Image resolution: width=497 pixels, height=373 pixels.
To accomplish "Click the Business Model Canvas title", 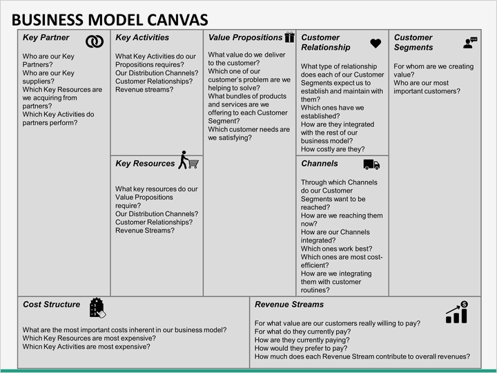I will pyautogui.click(x=111, y=20).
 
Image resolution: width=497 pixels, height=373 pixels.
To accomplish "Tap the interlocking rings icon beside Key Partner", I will pyautogui.click(x=94, y=42).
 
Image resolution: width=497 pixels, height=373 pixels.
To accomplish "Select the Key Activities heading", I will pyautogui.click(x=142, y=38).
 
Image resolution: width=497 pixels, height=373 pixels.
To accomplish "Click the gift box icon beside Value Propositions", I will pyautogui.click(x=290, y=38).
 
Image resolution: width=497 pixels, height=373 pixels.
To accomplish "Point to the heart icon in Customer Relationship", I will pyautogui.click(x=376, y=44).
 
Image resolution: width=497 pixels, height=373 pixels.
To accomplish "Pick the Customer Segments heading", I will pyautogui.click(x=413, y=43).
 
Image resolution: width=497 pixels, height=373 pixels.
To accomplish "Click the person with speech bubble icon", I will pyautogui.click(x=470, y=43).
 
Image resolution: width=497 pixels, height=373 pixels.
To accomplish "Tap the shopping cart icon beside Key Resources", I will pyautogui.click(x=188, y=161).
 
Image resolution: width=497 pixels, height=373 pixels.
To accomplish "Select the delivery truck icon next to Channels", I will pyautogui.click(x=371, y=164).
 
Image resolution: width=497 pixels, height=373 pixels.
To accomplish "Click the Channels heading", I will pyautogui.click(x=320, y=164).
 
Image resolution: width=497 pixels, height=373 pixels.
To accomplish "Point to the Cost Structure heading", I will pyautogui.click(x=52, y=305).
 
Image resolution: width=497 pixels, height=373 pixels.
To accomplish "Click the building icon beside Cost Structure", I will pyautogui.click(x=97, y=307).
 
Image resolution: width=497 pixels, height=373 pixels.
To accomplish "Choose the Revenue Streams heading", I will pyautogui.click(x=289, y=305).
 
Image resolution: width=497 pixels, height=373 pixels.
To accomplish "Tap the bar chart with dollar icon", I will pyautogui.click(x=457, y=312).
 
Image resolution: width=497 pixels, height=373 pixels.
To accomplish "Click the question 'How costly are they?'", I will pyautogui.click(x=333, y=149).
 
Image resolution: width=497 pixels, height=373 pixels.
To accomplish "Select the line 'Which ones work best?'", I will pyautogui.click(x=337, y=249).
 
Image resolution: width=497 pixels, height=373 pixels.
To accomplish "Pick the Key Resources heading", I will pyautogui.click(x=145, y=164).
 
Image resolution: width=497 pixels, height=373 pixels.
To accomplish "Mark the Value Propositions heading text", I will pyautogui.click(x=245, y=38).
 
